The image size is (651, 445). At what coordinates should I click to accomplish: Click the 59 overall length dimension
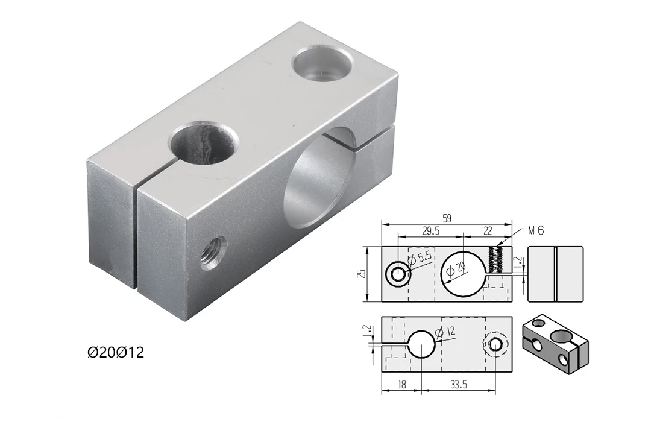(447, 218)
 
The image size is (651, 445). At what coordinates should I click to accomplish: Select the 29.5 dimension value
(431, 231)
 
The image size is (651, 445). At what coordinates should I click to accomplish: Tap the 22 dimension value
(488, 231)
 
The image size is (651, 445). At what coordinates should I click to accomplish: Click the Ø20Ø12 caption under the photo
(116, 352)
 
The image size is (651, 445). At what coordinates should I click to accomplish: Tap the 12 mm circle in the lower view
(422, 344)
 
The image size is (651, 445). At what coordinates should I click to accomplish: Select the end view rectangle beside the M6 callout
(555, 274)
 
